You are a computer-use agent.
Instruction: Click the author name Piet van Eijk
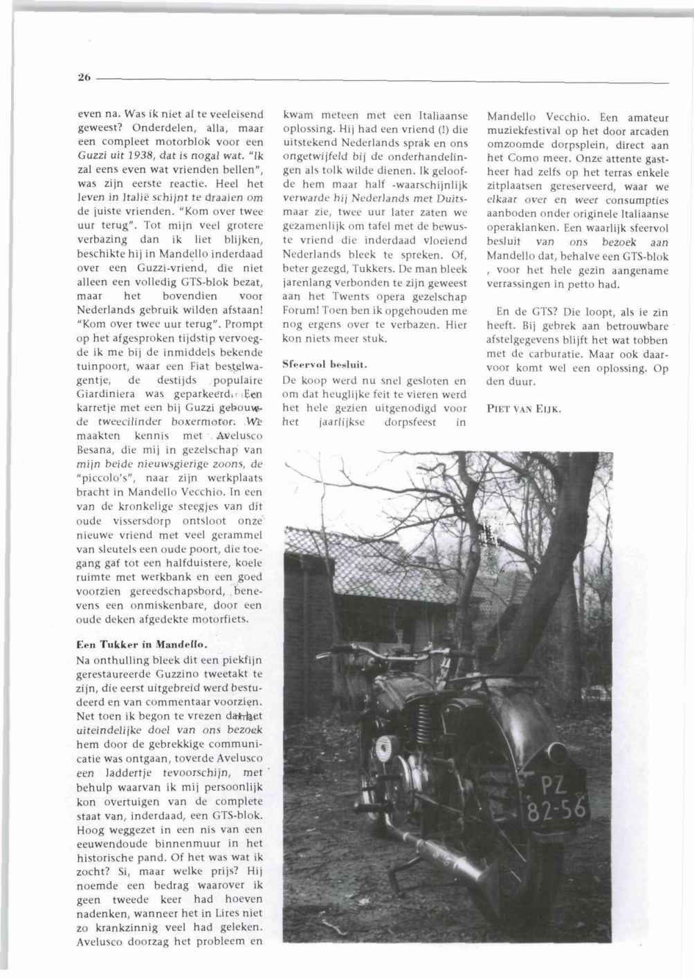(524, 408)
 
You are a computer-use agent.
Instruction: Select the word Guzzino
(182, 673)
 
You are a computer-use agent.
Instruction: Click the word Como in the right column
(536, 158)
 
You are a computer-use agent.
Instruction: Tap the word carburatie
(559, 354)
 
